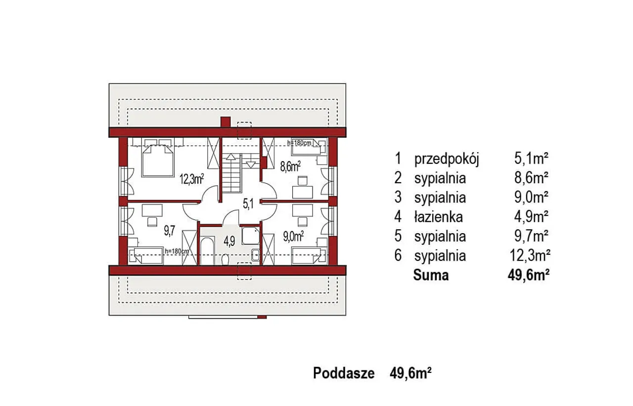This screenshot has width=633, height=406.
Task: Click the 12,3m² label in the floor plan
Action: (x=192, y=179)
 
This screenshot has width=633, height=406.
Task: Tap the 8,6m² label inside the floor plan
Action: (x=290, y=166)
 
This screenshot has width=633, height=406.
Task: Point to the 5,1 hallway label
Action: (x=248, y=203)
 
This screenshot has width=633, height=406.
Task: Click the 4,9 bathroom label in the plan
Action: (x=229, y=242)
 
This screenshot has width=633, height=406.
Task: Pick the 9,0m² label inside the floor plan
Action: (x=293, y=236)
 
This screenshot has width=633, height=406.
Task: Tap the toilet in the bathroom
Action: (x=225, y=259)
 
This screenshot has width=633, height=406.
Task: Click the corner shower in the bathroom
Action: (x=250, y=236)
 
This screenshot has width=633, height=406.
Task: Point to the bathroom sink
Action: (x=256, y=255)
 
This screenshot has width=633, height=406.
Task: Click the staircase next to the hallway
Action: (x=231, y=173)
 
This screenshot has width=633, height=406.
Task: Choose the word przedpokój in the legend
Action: (x=447, y=160)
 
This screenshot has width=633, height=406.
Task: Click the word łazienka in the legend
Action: (x=439, y=217)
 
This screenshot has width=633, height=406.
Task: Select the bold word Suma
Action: (x=431, y=275)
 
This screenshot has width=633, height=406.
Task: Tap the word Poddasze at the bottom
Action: (x=344, y=373)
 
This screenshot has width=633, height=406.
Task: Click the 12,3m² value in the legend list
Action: (x=530, y=256)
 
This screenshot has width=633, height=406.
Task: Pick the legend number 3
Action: (x=398, y=198)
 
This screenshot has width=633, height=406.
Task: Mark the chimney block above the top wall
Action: (x=226, y=122)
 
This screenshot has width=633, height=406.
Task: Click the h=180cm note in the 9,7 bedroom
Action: (x=177, y=251)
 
